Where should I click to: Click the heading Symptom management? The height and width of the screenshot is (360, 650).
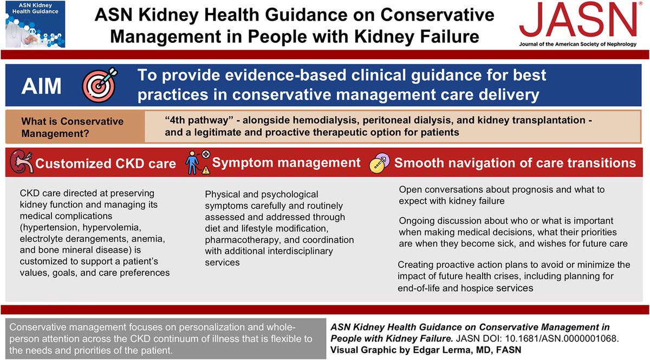[x=287, y=162]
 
